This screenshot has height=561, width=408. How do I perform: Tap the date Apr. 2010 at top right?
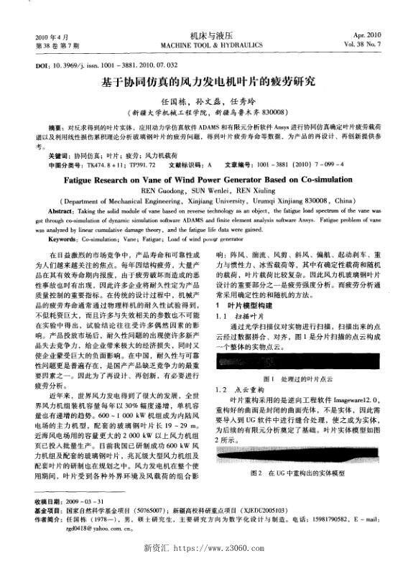[x=368, y=35]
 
